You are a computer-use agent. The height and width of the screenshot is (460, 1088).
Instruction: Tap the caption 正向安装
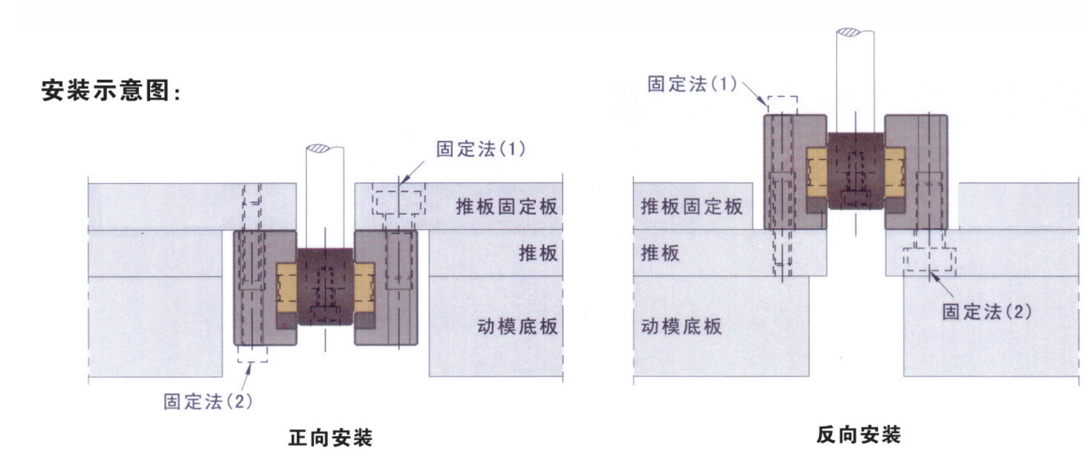(330, 438)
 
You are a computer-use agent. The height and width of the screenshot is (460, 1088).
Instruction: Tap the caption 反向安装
(858, 435)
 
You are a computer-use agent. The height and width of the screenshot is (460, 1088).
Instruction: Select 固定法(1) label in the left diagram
(480, 149)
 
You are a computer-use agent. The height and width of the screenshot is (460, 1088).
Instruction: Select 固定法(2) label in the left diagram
(208, 401)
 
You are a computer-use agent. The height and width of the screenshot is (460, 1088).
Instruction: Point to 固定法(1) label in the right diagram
(692, 84)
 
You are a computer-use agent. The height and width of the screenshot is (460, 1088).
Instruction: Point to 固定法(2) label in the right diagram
(986, 311)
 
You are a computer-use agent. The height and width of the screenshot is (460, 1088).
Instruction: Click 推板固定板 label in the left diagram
(506, 206)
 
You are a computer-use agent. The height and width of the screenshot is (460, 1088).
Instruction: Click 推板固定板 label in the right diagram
(692, 206)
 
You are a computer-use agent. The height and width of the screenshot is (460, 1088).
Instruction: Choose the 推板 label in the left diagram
(538, 253)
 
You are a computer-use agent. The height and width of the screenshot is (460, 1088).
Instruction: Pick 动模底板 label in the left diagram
(517, 327)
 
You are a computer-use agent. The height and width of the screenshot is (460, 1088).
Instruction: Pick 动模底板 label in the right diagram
(681, 327)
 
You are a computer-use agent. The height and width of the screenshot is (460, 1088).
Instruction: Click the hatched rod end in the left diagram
(317, 149)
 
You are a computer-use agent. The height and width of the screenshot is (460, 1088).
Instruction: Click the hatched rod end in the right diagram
(848, 32)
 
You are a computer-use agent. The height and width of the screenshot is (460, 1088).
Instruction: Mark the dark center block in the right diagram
(855, 170)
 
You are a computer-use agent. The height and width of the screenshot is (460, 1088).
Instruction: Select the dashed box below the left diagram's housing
(253, 354)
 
